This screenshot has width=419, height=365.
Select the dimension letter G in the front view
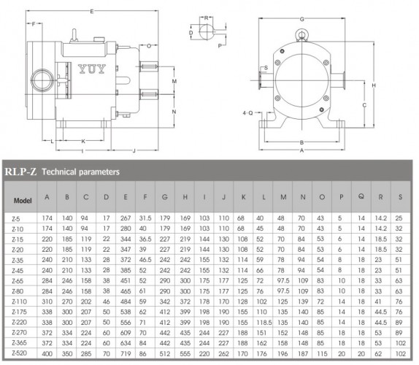(x=301, y=18)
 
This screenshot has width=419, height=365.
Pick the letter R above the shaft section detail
(x=207, y=18)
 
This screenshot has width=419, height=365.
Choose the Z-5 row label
(x=17, y=218)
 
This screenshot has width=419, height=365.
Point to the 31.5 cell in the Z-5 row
(x=146, y=218)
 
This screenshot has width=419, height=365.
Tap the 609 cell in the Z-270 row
(x=126, y=332)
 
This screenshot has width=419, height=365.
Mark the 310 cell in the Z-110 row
(x=47, y=301)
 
